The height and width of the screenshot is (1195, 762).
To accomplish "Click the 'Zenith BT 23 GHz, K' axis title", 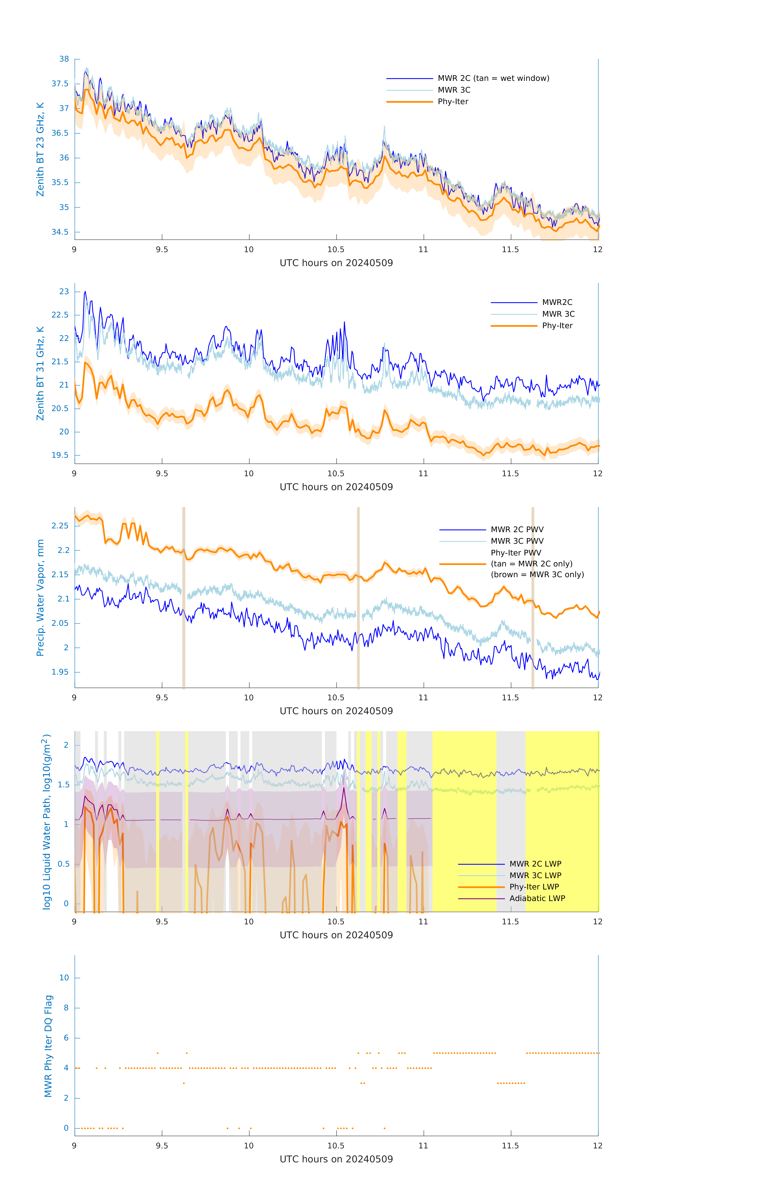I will tap(40, 149).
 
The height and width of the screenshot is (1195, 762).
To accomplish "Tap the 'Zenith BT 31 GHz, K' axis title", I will tap(40, 373).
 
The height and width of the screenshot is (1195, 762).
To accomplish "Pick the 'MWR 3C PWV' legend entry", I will tap(517, 541).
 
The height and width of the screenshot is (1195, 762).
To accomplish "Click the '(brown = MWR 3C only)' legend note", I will tap(537, 575).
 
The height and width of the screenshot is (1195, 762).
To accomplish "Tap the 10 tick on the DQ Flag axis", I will tap(64, 978).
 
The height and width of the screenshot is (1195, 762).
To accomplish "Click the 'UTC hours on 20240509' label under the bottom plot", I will tap(336, 1159).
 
